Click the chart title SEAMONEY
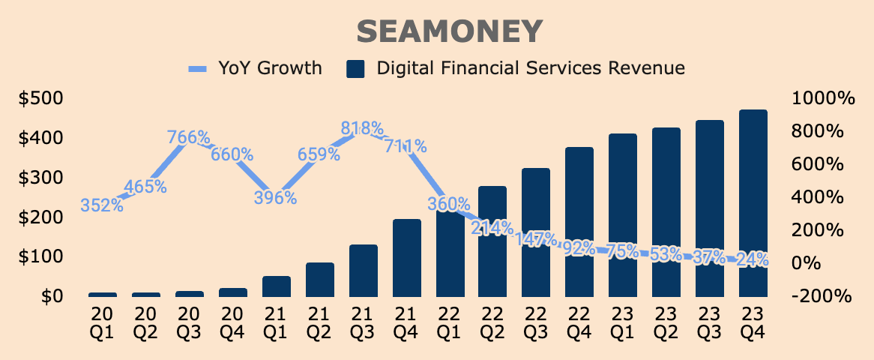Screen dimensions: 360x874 [448, 31]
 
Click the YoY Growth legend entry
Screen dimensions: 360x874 [254, 68]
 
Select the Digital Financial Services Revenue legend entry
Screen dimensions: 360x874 [516, 68]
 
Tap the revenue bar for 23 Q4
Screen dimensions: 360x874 [753, 203]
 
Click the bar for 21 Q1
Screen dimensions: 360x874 [276, 286]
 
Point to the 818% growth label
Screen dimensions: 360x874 [362, 128]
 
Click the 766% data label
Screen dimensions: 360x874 [188, 138]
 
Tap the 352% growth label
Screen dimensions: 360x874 [101, 205]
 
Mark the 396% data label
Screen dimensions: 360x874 [275, 198]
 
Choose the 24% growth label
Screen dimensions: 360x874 [752, 259]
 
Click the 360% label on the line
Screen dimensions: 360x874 [449, 203]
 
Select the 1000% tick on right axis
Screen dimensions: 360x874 [822, 98]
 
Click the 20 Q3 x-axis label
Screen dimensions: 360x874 [189, 321]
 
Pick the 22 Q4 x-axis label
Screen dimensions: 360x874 [579, 321]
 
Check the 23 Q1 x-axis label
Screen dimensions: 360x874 [623, 321]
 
